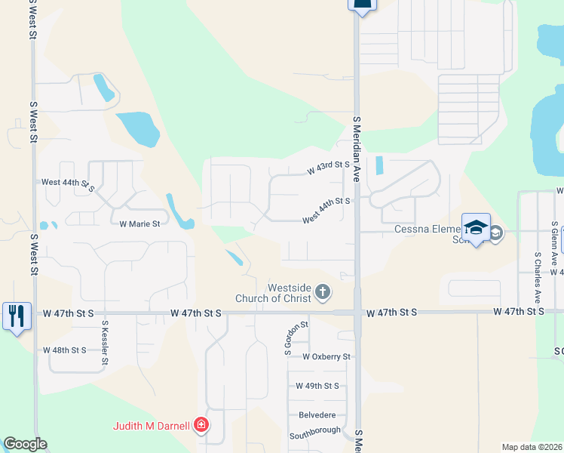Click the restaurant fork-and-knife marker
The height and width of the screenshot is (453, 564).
click(x=17, y=315)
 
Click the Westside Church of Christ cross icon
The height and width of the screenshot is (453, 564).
click(x=323, y=292)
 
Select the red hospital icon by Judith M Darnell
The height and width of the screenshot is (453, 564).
click(x=201, y=426)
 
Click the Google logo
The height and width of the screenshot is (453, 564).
click(x=24, y=444)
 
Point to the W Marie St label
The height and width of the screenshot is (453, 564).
click(x=139, y=223)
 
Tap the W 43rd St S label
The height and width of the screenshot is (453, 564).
click(x=328, y=168)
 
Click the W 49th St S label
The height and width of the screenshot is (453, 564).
click(x=317, y=386)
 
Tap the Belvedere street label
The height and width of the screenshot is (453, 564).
click(x=316, y=414)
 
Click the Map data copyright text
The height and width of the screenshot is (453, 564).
click(x=532, y=447)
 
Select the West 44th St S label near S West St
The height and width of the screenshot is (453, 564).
click(x=68, y=183)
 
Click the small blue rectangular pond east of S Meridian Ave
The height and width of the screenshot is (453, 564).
click(x=379, y=165)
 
